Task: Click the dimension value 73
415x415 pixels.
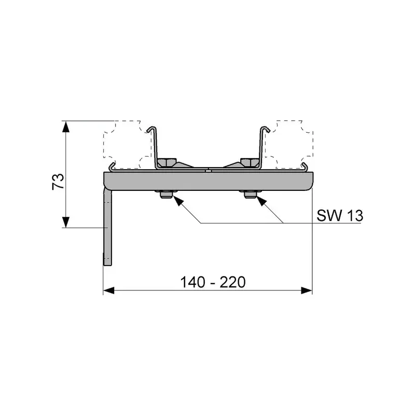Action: tap(58, 181)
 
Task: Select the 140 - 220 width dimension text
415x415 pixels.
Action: tap(213, 282)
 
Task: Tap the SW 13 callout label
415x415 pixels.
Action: tap(340, 215)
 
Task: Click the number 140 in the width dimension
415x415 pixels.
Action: tap(192, 282)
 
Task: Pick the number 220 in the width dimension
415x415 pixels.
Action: tap(232, 282)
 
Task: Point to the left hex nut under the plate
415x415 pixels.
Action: tap(166, 195)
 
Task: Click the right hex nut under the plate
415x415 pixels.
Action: tap(250, 195)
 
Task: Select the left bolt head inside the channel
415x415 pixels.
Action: tap(167, 162)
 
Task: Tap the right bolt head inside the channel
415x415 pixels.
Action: tap(250, 162)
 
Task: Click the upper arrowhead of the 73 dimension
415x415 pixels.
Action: tap(66, 127)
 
